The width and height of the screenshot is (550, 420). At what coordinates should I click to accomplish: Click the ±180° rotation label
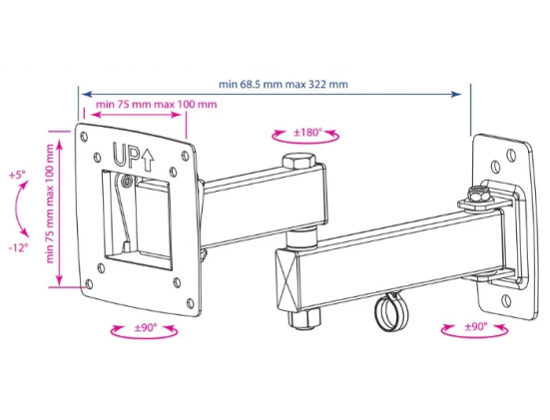coord(307,132)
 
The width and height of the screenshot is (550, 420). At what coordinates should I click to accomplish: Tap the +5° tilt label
coord(18,175)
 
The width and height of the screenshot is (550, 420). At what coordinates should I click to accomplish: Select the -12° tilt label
coord(18,247)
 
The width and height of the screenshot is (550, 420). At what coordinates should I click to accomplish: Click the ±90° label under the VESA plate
coord(146,328)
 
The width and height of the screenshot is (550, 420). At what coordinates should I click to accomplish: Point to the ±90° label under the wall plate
coord(476,327)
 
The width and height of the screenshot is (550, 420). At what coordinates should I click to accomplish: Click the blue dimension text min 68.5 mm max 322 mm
coord(283,85)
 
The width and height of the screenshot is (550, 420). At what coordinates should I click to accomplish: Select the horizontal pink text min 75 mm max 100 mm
coord(157,104)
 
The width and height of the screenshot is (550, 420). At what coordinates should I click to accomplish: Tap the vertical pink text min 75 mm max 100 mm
coord(50,204)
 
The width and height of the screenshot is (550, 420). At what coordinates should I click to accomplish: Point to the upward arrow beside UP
coord(148,159)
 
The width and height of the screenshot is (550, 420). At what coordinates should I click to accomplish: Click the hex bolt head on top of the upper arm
coord(298,161)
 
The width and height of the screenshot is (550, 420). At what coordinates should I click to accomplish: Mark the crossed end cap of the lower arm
coord(287,279)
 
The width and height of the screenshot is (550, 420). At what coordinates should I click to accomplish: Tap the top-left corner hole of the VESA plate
coord(84,136)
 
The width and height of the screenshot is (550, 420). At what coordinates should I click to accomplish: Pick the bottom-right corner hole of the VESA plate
coord(190,303)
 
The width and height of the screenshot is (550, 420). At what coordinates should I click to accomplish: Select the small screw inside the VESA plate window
coord(126,181)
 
